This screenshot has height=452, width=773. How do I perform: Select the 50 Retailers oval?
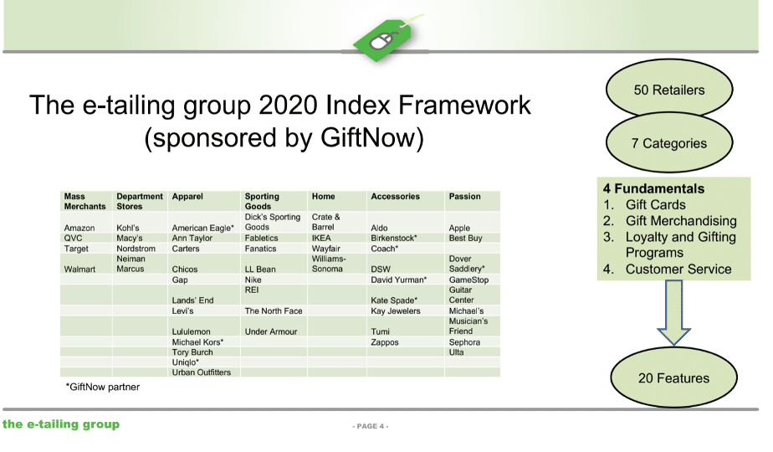pos(669,90)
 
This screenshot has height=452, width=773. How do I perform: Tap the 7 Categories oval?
pos(669,143)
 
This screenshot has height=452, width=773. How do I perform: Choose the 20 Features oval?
pos(673,378)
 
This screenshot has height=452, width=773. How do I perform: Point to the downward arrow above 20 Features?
pos(673,313)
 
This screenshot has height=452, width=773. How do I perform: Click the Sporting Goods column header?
pos(262,202)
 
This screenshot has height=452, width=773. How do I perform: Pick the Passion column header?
pos(464,197)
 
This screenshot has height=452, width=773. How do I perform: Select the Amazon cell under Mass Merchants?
pos(79,228)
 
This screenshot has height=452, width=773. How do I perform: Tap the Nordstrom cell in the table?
pos(136,249)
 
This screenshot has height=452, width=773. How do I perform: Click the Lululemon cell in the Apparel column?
pos(191,331)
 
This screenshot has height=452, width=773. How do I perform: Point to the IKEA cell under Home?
pos(321,238)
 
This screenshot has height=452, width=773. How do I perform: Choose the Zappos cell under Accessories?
pos(385,342)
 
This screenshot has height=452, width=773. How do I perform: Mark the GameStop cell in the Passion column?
pos(468,280)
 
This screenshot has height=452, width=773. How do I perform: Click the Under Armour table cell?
pos(271,331)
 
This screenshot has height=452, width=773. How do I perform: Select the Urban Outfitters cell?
pos(201,372)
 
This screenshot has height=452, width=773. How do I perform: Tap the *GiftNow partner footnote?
pos(103,387)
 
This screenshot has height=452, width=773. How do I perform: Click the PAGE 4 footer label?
pos(371,426)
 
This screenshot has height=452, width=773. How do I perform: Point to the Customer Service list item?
pos(678,269)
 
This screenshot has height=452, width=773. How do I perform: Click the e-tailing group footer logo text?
pos(60,424)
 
